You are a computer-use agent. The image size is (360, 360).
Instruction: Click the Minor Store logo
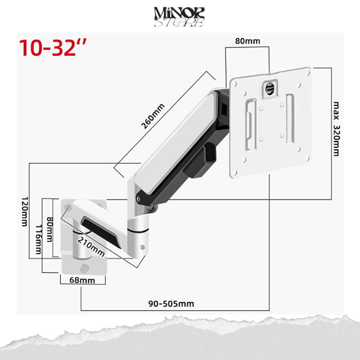(x=179, y=17)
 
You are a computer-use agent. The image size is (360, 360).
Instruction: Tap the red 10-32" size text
(x=53, y=48)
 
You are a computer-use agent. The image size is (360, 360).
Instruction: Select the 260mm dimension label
(x=153, y=116)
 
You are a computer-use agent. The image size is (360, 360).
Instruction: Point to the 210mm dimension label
(x=91, y=246)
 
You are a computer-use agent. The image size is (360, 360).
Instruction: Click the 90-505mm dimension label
(x=171, y=304)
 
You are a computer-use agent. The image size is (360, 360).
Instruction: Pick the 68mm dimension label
(x=82, y=280)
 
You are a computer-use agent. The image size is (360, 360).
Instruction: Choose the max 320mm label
(x=336, y=129)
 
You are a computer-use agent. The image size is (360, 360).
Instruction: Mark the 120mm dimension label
(x=25, y=211)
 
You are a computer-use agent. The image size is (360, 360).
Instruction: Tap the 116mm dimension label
(x=38, y=239)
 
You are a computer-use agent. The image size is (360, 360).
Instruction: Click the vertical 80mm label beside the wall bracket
(x=50, y=229)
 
